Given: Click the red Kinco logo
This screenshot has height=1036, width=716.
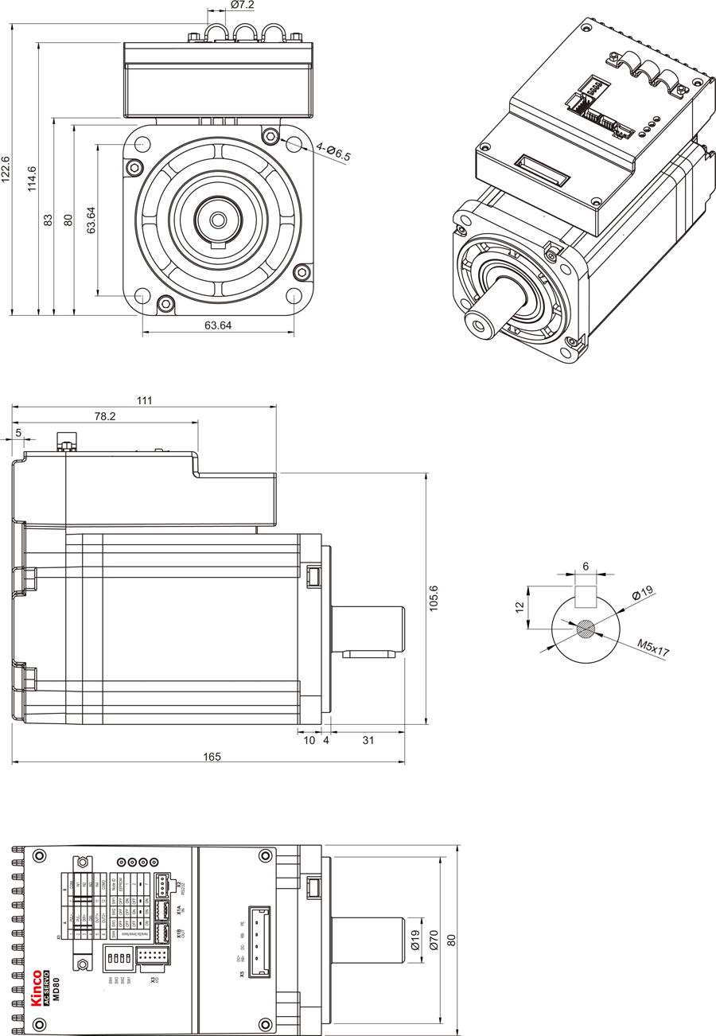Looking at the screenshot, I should point(36,987).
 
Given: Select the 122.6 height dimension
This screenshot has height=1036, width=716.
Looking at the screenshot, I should point(6,169).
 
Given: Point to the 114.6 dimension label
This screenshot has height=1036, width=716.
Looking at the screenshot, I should point(32,180).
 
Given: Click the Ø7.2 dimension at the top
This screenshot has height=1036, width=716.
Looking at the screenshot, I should point(242,6).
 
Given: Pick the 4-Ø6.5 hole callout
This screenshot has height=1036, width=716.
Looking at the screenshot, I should point(333,151).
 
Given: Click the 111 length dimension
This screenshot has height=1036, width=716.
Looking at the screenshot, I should point(144,400).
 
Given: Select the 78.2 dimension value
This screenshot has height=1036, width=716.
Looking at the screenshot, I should point(105,416).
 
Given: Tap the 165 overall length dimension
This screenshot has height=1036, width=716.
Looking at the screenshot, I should point(211,757).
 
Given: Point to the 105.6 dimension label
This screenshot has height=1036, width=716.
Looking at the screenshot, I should point(434,599).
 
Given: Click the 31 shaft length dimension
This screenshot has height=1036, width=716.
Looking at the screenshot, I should point(368,740).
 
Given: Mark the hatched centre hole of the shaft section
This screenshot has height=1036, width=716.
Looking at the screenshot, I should point(586,629).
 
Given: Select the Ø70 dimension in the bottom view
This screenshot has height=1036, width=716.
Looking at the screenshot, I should point(434,942).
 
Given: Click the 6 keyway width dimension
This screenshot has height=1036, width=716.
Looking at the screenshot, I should point(586,567).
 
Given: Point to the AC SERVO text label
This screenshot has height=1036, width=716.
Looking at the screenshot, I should point(45,987).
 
